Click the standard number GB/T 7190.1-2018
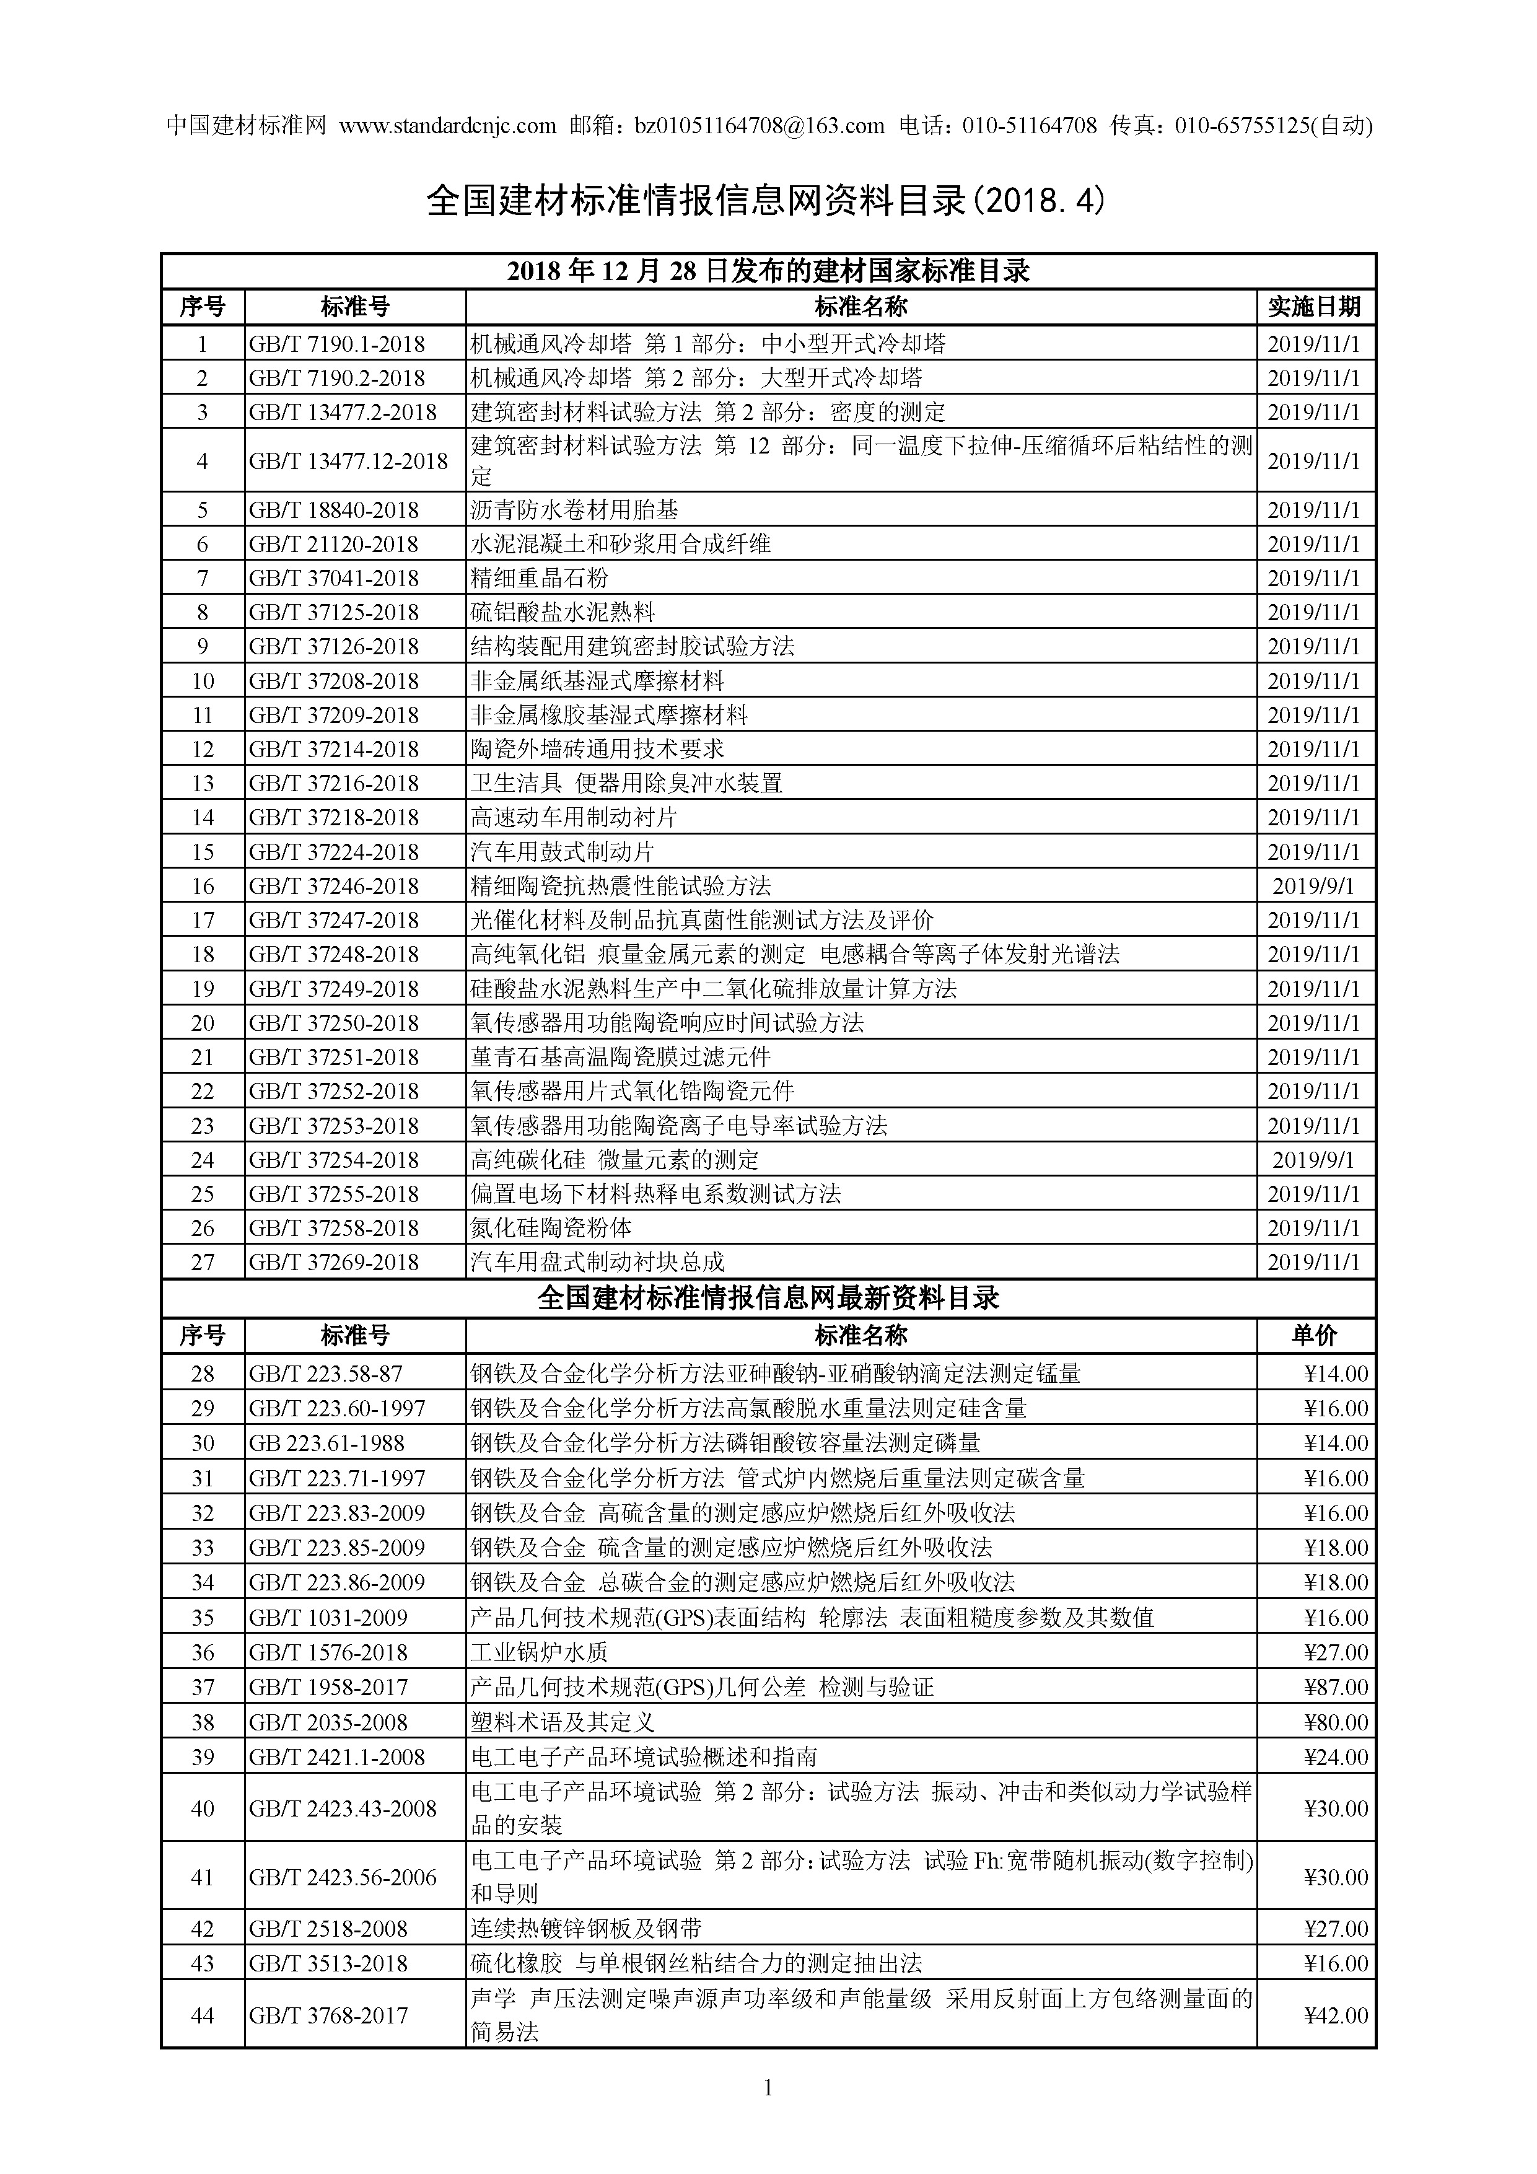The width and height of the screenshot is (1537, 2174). pos(336,344)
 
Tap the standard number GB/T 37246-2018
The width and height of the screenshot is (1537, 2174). pos(333,886)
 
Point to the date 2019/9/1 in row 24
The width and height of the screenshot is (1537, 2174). pos(1313,1160)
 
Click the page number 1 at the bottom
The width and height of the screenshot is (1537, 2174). pos(768,2115)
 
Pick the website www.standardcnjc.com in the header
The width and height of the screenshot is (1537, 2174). pos(447,125)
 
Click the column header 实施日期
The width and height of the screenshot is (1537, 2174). pos(1315,307)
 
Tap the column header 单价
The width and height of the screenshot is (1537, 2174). pos(1315,1336)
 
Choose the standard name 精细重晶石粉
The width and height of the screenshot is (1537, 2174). pos(540,579)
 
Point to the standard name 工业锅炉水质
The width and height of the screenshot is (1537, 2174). pos(540,1652)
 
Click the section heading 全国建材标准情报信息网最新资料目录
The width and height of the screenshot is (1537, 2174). pos(768,1298)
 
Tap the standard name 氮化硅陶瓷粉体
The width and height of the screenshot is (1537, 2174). pos(551,1228)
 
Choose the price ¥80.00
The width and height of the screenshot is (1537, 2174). pos(1335,1722)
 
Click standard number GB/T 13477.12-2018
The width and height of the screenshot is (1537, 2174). pos(348,461)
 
